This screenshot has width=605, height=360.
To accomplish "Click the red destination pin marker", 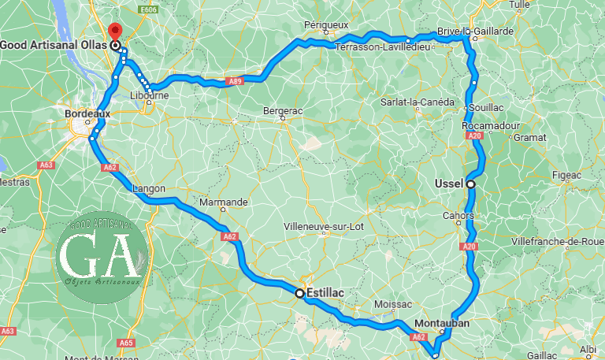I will [x=116, y=32].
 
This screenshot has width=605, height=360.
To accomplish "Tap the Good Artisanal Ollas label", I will [x=54, y=46].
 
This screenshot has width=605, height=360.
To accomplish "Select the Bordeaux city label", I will [x=86, y=113].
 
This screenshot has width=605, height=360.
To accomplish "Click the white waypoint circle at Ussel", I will [x=470, y=184].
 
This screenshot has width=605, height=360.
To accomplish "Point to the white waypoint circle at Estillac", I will [x=299, y=293].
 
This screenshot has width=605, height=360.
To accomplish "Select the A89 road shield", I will [x=236, y=80].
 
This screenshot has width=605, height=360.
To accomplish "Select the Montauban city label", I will [x=442, y=323].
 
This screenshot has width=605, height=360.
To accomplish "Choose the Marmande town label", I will [x=224, y=202].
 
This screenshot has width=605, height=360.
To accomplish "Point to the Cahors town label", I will [x=458, y=215].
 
